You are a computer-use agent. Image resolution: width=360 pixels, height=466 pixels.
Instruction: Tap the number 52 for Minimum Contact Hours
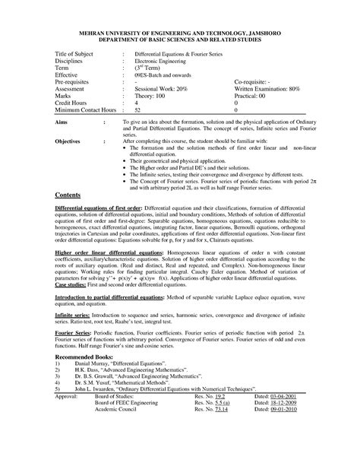[137, 110]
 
